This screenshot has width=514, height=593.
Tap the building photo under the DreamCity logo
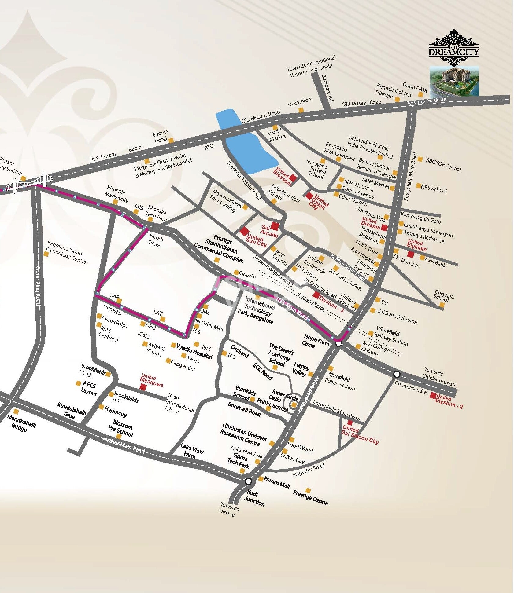click(454, 81)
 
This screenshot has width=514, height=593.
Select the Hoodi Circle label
click(156, 240)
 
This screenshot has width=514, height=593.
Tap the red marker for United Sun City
click(243, 231)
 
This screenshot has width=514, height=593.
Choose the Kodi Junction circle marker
click(248, 482)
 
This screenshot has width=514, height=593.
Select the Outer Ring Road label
click(38, 285)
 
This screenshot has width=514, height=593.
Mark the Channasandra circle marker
click(397, 374)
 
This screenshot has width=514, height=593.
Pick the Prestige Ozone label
click(310, 498)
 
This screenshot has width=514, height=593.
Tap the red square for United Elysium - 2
click(433, 395)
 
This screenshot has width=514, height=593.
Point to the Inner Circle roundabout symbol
click(294, 405)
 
